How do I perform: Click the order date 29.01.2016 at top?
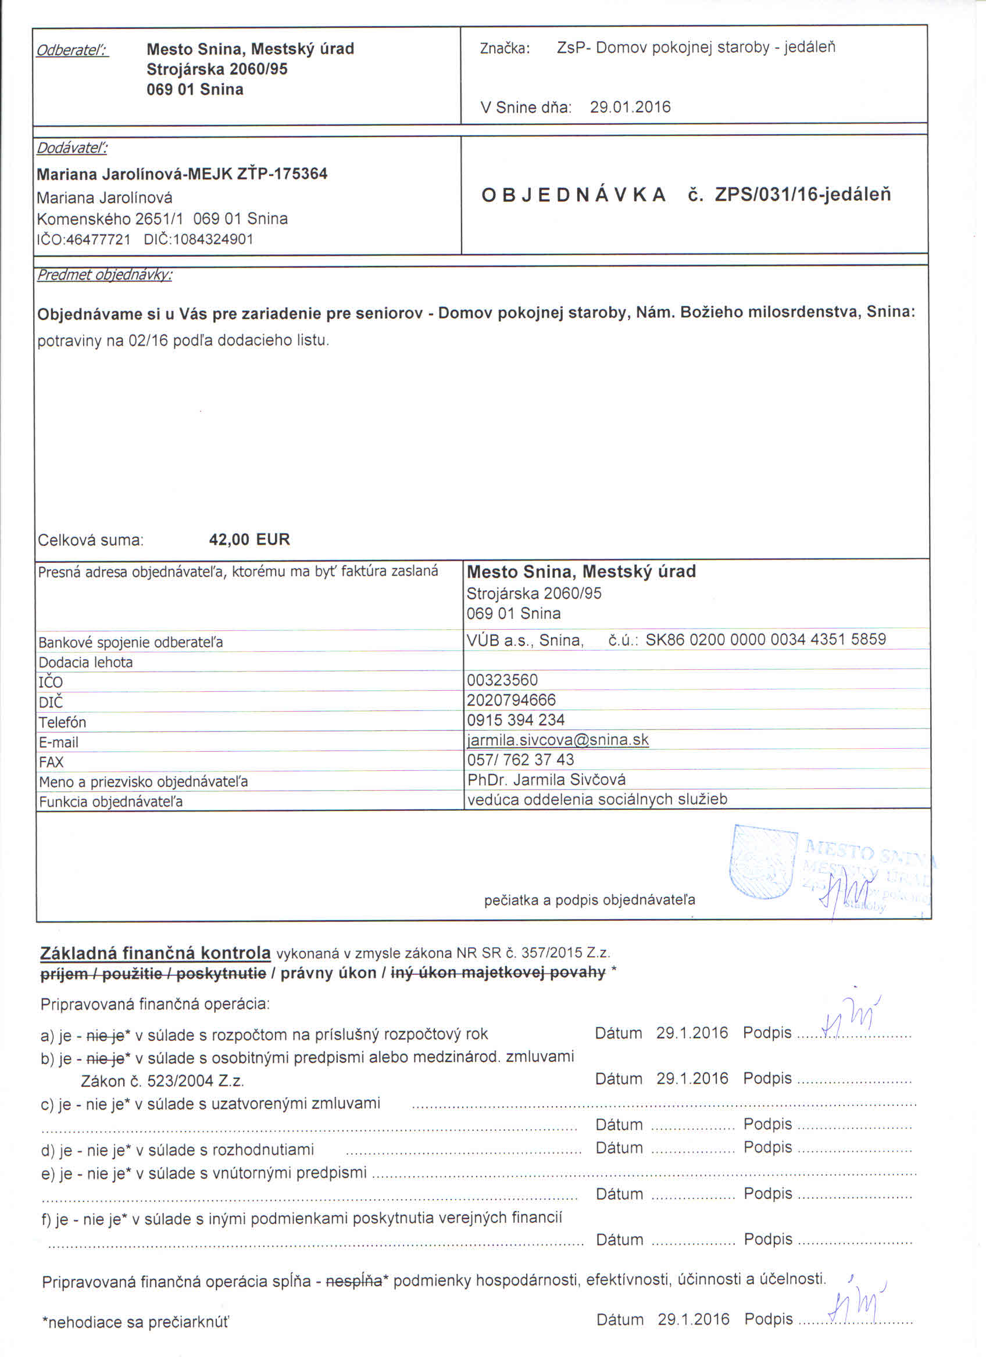630,107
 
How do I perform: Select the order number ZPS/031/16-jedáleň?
802,195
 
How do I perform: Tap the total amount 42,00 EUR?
249,540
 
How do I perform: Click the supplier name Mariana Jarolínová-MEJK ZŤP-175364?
182,174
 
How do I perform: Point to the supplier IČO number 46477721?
98,240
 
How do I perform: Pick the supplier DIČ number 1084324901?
213,240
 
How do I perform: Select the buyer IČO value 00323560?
502,680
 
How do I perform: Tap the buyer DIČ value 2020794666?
511,699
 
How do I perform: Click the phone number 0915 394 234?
516,720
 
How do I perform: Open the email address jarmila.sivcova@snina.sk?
558,739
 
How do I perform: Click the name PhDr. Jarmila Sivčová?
546,780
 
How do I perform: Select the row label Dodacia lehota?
85,662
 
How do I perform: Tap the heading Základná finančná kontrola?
156,953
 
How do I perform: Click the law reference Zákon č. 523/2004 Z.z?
162,1081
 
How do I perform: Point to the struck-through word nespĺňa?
354,1281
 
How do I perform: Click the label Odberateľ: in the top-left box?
73,51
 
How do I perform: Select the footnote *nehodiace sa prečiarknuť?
135,1322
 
